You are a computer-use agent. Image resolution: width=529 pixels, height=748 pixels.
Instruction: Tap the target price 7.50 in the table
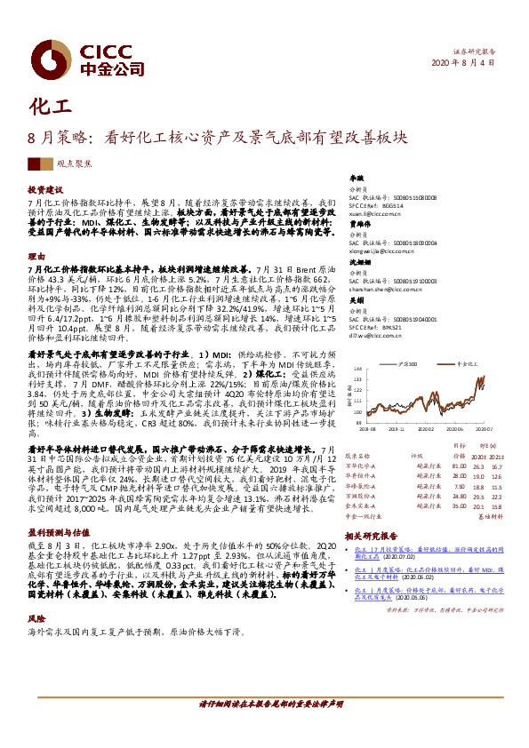(x=460, y=486)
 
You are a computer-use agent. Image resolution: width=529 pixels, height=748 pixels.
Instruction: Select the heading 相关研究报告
(x=373, y=537)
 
